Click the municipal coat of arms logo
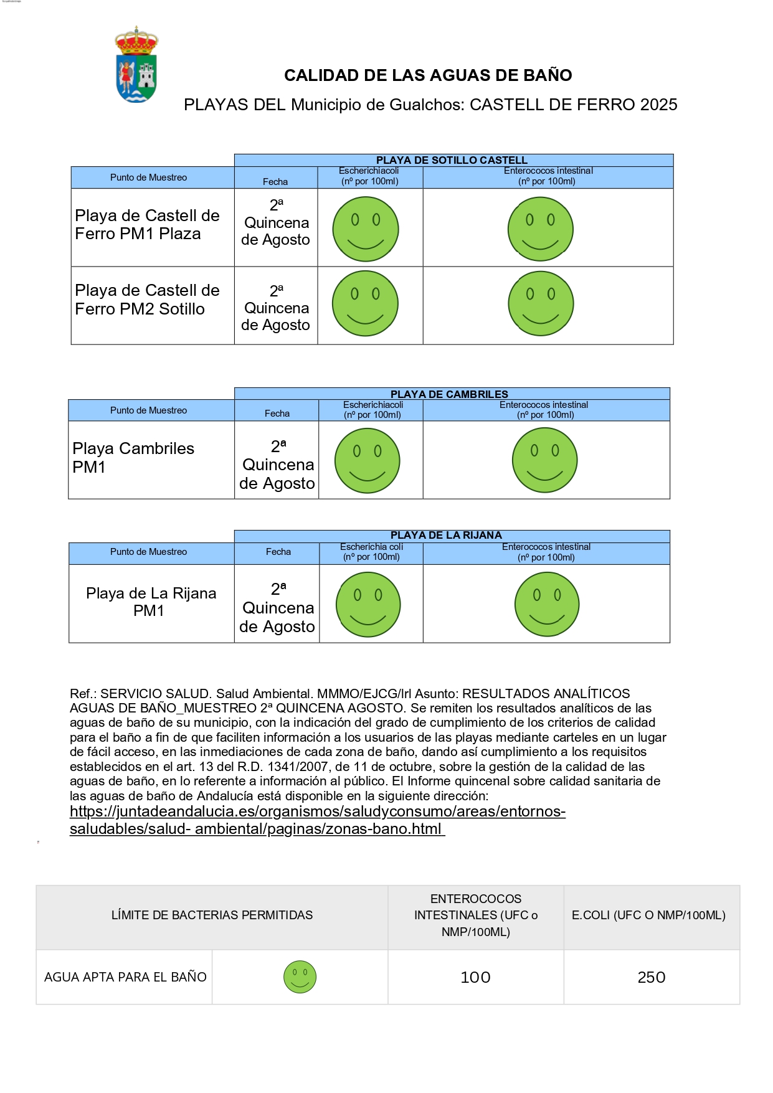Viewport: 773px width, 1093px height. pyautogui.click(x=136, y=64)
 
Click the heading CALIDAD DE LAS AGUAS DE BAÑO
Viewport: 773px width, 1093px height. pyautogui.click(x=428, y=75)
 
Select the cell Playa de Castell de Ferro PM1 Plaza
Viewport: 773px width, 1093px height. pyautogui.click(x=148, y=225)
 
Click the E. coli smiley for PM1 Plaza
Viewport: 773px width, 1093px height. pyautogui.click(x=366, y=229)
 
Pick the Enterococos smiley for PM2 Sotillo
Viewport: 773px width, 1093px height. pyautogui.click(x=541, y=303)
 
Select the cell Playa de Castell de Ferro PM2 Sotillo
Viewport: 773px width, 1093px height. pyautogui.click(x=148, y=300)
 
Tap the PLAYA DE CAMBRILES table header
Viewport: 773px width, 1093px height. pyautogui.click(x=449, y=394)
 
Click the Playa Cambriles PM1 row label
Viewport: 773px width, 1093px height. pyautogui.click(x=133, y=458)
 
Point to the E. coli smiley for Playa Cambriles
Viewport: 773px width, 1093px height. pyautogui.click(x=367, y=461)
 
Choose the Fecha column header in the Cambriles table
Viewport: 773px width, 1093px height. pyautogui.click(x=277, y=413)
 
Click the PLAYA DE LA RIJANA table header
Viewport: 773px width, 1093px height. pyautogui.click(x=446, y=535)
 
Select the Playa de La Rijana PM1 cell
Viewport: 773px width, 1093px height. pyautogui.click(x=151, y=602)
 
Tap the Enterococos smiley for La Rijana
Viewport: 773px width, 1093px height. pyautogui.click(x=547, y=604)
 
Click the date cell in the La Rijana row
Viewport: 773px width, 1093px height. pyautogui.click(x=277, y=607)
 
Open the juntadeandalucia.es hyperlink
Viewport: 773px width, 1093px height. pyautogui.click(x=318, y=812)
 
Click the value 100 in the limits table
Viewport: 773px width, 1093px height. pyautogui.click(x=475, y=977)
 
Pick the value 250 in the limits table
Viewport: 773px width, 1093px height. pyautogui.click(x=652, y=977)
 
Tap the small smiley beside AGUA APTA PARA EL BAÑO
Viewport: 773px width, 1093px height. pyautogui.click(x=300, y=977)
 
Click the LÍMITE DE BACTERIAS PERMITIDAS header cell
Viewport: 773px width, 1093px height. pyautogui.click(x=212, y=916)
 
